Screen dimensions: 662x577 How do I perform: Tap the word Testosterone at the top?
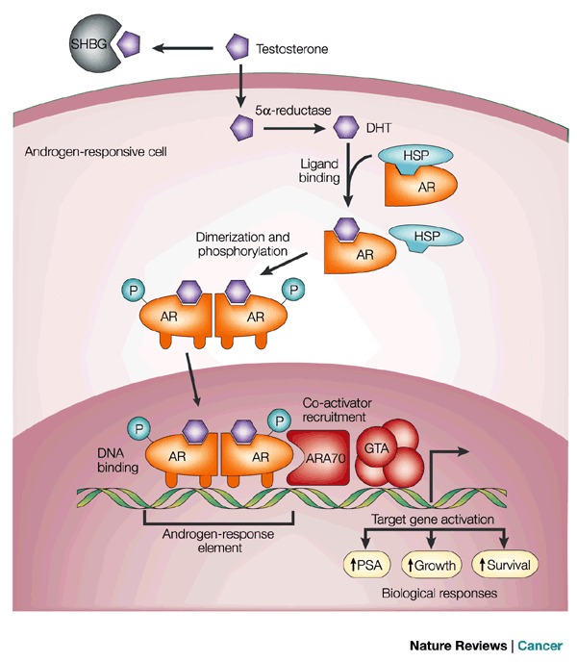[x=291, y=45]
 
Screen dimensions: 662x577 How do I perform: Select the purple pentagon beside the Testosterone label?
[x=238, y=45]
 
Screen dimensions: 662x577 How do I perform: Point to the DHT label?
[x=382, y=126]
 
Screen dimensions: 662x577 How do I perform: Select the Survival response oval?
[x=504, y=564]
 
